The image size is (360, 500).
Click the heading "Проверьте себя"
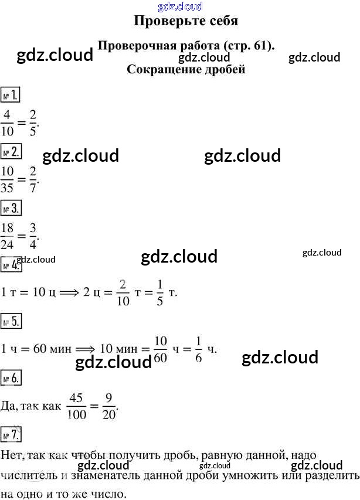coord(186,21)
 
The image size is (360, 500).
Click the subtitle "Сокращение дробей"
coord(186,70)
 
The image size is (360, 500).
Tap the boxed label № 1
coord(10,95)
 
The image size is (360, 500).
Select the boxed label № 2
coord(11,151)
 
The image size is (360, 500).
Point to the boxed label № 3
coord(11,208)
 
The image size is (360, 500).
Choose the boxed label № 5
coord(11,321)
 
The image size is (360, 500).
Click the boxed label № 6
coord(11,378)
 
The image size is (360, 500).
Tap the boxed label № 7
coord(11,434)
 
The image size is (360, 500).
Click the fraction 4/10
coord(7,123)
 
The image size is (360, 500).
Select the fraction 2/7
coord(33,179)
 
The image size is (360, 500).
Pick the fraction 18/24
coord(7,236)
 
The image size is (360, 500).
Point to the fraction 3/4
coord(33,236)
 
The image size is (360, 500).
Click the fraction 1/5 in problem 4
coord(159,292)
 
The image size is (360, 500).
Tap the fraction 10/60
coord(161,349)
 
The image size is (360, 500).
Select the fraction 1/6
coord(198,349)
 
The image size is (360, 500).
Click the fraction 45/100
coord(77,406)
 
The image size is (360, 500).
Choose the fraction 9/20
coord(108,406)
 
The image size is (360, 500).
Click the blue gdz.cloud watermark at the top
coord(180,6)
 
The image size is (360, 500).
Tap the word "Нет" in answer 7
coord(11,455)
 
